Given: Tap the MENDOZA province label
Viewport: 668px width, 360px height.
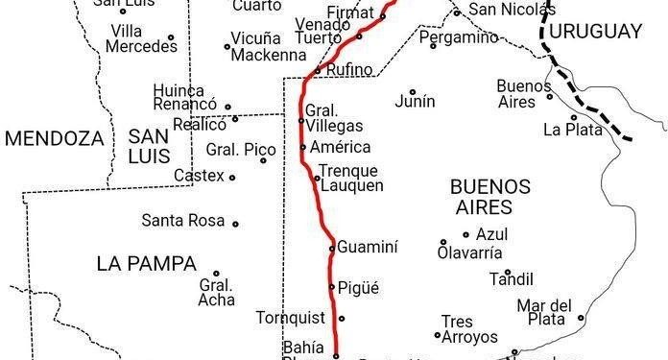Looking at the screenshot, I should tap(54, 138).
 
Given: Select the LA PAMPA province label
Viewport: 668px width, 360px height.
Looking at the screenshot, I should tap(146, 263).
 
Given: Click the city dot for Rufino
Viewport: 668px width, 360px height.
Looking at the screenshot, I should tap(317, 70).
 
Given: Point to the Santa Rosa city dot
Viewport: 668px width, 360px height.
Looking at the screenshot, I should tap(235, 224).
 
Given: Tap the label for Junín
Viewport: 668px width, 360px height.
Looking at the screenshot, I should tap(415, 101).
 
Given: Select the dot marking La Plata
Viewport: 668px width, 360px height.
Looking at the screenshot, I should tap(573, 118).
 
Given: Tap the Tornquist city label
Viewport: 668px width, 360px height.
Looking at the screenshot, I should tap(293, 318).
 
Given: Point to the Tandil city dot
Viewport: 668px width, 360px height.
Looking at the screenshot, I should tap(508, 272).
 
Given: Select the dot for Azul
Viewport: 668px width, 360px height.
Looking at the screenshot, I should tap(466, 234).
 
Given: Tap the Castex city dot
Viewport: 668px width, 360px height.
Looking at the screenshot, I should tap(231, 177).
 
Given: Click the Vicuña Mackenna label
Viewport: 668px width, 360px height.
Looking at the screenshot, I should tap(267, 46).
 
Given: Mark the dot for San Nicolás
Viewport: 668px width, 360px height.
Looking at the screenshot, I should tap(457, 12).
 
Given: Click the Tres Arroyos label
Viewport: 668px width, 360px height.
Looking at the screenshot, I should tap(469, 329).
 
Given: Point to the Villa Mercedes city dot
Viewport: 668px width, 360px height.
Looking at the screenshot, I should tap(171, 39).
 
